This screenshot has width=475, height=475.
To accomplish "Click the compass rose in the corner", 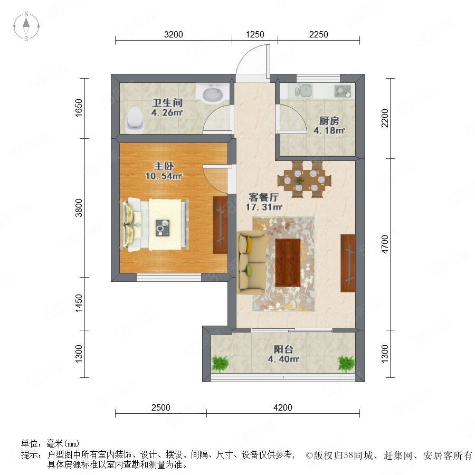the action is (x=26, y=26).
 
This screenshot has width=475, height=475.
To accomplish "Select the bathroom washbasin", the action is (x=212, y=93).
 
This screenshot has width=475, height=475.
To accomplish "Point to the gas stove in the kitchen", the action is (x=343, y=91).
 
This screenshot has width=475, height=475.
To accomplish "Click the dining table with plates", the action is (x=305, y=180).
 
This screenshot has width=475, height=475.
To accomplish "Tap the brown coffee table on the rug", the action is (x=288, y=262).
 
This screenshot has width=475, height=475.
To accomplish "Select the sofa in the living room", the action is (x=252, y=262).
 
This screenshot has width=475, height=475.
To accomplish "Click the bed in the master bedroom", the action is (x=155, y=224).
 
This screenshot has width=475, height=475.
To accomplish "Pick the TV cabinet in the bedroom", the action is (x=220, y=225).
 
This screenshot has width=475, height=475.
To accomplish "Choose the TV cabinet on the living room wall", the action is (x=348, y=263).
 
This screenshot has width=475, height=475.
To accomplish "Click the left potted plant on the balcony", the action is (x=220, y=363).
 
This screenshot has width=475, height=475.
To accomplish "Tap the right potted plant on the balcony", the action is (x=346, y=363).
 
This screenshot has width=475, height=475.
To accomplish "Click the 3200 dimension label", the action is (x=174, y=34).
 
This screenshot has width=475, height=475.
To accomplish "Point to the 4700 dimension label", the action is (x=385, y=244).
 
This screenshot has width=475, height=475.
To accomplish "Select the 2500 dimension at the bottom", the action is (x=161, y=407).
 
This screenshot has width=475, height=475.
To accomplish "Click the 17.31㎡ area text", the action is (x=264, y=207).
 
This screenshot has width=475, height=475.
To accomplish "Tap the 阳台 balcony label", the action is (x=283, y=349).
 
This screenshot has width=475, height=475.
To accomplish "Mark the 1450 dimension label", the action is (x=79, y=303).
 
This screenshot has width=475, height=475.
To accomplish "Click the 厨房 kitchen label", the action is (x=329, y=121).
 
